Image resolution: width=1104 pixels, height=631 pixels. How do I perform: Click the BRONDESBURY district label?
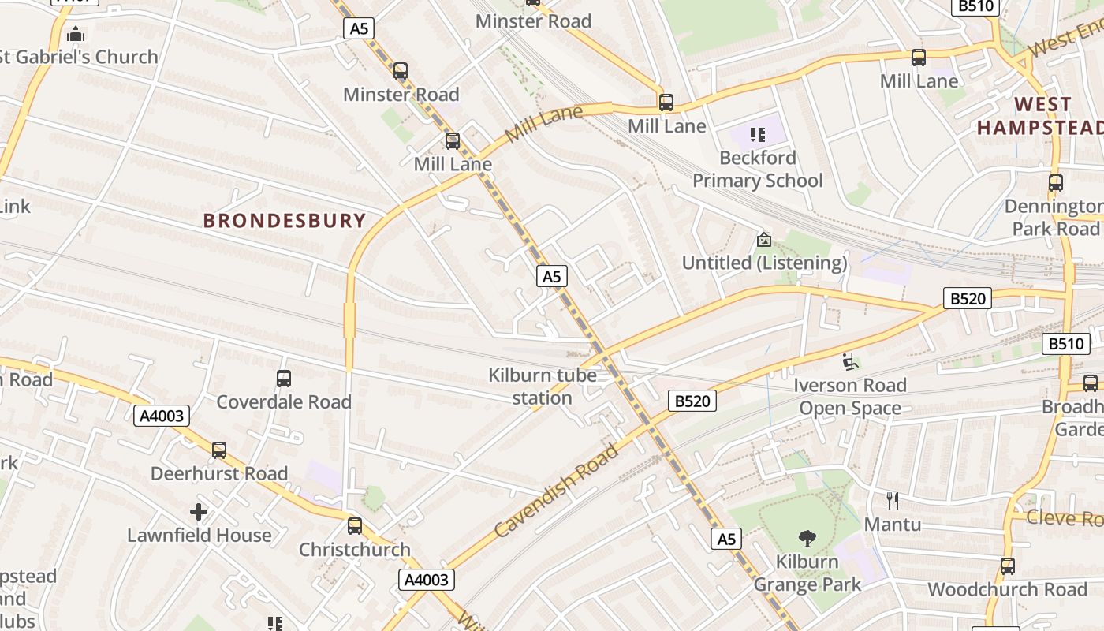[285, 220]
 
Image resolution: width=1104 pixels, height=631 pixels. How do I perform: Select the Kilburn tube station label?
[543, 386]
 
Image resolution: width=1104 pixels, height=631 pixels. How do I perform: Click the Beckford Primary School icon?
[758, 135]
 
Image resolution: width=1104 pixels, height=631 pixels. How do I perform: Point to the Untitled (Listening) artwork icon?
[763, 240]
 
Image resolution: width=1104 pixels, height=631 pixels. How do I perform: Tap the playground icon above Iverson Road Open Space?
[850, 362]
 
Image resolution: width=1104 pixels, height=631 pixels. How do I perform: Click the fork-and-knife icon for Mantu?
[893, 501]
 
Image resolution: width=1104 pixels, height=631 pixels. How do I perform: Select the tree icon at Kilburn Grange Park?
[807, 539]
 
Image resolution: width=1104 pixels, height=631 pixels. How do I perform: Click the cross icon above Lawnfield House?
[199, 513]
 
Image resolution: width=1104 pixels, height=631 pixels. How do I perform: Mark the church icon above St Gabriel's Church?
[76, 34]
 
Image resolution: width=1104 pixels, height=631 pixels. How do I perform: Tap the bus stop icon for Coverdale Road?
[284, 379]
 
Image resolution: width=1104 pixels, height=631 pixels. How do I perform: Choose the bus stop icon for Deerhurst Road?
[219, 450]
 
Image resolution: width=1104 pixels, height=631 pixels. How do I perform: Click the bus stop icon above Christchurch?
[355, 526]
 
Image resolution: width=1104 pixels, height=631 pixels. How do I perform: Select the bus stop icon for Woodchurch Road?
[1008, 566]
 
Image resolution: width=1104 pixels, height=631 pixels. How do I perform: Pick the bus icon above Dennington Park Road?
[1056, 183]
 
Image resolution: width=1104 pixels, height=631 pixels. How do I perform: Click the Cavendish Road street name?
[557, 490]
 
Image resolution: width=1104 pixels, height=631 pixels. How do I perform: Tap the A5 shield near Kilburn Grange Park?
[726, 539]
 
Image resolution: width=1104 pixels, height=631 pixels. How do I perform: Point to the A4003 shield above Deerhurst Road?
[162, 416]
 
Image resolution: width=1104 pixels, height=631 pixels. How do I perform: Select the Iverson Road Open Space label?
[850, 397]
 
